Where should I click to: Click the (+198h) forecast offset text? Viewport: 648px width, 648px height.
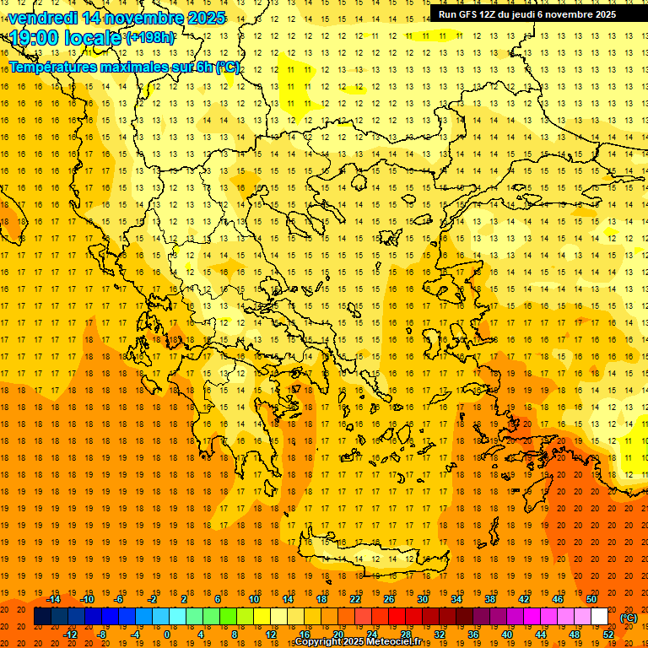[x=150, y=38]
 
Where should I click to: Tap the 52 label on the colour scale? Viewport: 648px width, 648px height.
[x=608, y=634]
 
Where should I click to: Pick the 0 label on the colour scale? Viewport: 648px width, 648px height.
[x=166, y=634]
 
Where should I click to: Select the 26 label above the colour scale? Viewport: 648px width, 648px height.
[x=389, y=598]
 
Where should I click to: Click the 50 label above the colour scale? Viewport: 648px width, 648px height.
[x=591, y=598]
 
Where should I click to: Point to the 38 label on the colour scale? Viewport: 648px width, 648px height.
[x=490, y=598]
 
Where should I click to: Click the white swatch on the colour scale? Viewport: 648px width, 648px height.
[x=600, y=617]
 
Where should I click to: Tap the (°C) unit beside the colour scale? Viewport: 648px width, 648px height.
[x=629, y=617]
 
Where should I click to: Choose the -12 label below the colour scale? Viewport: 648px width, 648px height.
[x=70, y=634]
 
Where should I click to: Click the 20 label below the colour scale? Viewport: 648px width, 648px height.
[x=338, y=634]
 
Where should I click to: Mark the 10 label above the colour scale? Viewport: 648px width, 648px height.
[x=254, y=598]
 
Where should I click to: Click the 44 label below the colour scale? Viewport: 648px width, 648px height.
[x=541, y=634]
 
